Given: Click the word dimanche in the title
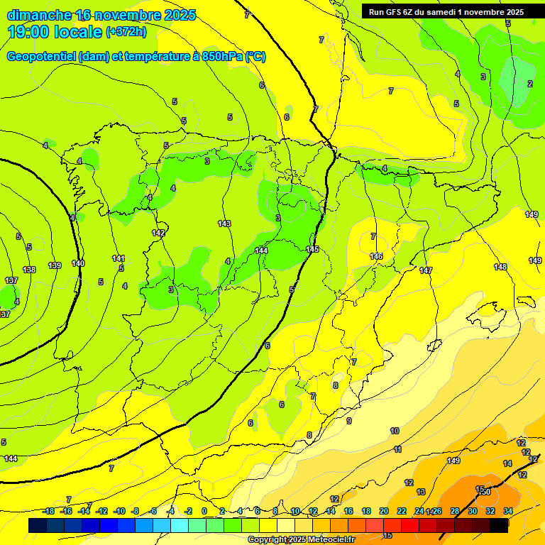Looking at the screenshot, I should (39, 15).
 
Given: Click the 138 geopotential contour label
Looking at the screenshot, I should (29, 270).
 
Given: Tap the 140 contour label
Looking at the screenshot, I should (78, 263).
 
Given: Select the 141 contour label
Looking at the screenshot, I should (119, 258).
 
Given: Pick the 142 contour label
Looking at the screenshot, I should (158, 233).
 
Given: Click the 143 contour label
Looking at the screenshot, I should (224, 224).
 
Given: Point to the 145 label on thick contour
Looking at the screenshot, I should (312, 249).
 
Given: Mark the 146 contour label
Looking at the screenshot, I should (376, 256).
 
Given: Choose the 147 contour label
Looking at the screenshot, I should (425, 270).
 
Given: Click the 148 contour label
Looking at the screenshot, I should (500, 267).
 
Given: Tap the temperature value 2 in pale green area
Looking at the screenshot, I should (529, 84).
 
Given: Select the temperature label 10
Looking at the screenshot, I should (395, 431).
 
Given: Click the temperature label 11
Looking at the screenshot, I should (398, 449).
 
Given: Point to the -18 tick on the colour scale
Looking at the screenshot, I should (48, 511).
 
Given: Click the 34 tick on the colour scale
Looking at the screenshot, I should (508, 511).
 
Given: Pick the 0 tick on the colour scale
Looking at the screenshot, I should (204, 511).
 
